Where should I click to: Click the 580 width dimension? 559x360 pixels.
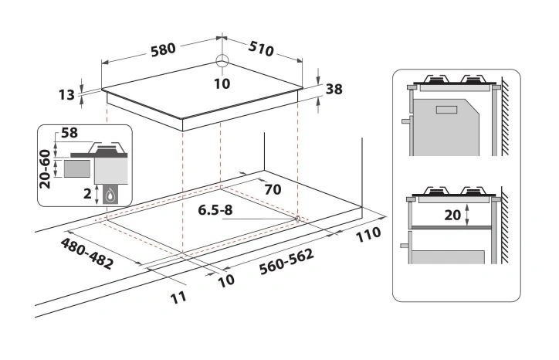tap(163, 48)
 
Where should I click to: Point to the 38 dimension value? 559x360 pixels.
tap(334, 89)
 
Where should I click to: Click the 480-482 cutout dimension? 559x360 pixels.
tap(86, 253)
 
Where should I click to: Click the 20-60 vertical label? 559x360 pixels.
tap(46, 169)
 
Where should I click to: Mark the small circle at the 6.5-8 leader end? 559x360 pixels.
tap(297, 218)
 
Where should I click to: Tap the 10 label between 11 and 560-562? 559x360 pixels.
tap(225, 281)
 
